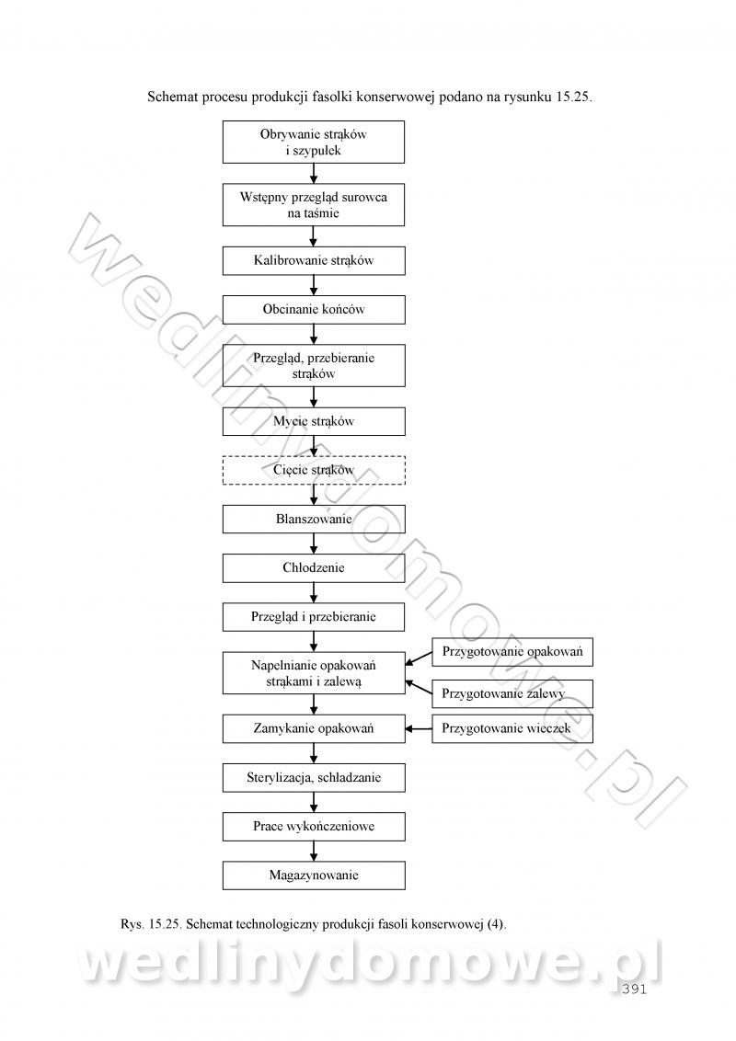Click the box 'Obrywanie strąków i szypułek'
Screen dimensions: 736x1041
[x=314, y=142]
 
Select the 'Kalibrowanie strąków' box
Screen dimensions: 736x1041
[x=314, y=260]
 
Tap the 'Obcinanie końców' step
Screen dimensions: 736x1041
[x=314, y=309]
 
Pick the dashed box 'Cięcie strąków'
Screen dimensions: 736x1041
[x=314, y=470]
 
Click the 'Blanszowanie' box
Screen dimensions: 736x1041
[x=314, y=520]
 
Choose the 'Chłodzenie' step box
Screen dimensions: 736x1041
[x=314, y=568]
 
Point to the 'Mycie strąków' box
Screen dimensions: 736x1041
[x=314, y=421]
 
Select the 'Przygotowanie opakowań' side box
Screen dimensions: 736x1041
[x=512, y=652]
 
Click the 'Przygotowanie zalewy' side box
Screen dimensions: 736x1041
[x=512, y=693]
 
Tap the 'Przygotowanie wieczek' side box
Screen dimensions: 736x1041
[x=512, y=728]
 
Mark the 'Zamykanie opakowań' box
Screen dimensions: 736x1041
[x=314, y=728]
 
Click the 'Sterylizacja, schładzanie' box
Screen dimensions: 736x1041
[x=314, y=777]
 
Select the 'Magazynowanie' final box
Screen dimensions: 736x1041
[x=314, y=875]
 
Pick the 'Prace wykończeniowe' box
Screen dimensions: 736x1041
[x=314, y=827]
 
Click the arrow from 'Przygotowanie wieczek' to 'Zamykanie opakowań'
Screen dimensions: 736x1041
[x=419, y=728]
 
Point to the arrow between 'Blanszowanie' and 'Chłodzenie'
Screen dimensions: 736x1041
[x=314, y=543]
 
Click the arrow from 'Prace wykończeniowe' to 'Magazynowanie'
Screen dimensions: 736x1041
[x=314, y=852]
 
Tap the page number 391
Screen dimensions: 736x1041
[x=635, y=990]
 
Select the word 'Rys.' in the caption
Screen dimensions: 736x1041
[x=132, y=924]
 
